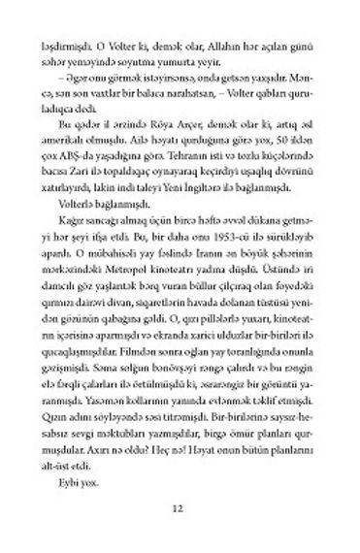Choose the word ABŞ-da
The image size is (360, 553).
[94, 160]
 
